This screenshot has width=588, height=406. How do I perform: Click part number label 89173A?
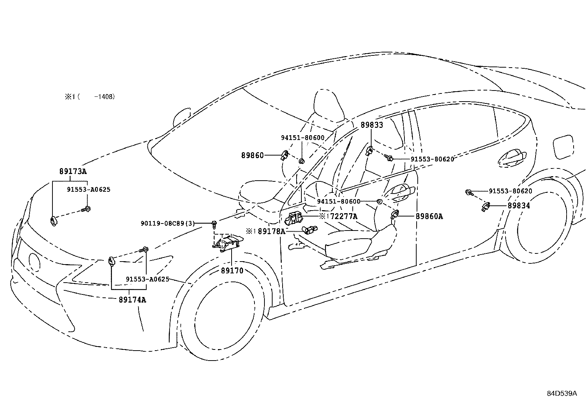pyautogui.click(x=73, y=171)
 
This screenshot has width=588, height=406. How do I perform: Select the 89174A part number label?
pyautogui.click(x=132, y=300)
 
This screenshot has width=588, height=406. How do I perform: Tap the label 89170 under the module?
pyautogui.click(x=232, y=271)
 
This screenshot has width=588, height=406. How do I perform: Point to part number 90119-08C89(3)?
pyautogui.click(x=167, y=224)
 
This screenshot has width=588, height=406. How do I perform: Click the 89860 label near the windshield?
pyautogui.click(x=253, y=156)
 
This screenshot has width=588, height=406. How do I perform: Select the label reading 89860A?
pyautogui.click(x=429, y=216)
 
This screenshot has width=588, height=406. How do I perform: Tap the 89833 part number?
pyautogui.click(x=372, y=125)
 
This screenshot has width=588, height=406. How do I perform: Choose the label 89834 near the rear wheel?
pyautogui.click(x=519, y=205)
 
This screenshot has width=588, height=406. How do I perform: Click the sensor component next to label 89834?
pyautogui.click(x=486, y=207)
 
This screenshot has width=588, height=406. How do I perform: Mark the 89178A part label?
pyautogui.click(x=271, y=232)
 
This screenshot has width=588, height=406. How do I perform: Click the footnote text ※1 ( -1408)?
pyautogui.click(x=90, y=97)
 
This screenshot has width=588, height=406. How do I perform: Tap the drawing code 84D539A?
pyautogui.click(x=562, y=393)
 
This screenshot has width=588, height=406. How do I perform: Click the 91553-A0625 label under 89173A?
pyautogui.click(x=89, y=190)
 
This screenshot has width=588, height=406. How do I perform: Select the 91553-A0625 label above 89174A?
pyautogui.click(x=147, y=279)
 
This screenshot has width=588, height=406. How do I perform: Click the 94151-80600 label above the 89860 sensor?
pyautogui.click(x=302, y=138)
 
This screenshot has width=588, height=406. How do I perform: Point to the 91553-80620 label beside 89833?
pyautogui.click(x=432, y=159)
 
